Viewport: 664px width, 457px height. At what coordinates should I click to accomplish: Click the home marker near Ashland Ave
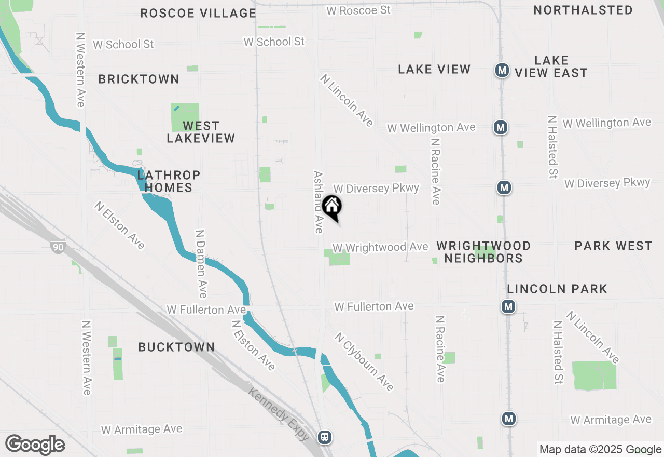[x=332, y=206]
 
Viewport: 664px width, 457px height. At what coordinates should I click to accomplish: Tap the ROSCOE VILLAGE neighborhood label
[x=198, y=14]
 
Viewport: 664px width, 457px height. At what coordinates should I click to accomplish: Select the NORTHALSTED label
[x=583, y=10]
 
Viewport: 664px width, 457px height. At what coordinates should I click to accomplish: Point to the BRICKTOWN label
[x=139, y=79]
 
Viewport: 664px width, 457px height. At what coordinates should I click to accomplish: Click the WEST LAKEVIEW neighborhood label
[x=201, y=132]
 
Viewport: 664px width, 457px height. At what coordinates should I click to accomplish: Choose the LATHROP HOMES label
[x=169, y=181]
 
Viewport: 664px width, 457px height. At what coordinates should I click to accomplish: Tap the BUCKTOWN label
[x=176, y=347]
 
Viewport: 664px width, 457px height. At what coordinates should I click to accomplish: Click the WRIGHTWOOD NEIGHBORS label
[x=483, y=252]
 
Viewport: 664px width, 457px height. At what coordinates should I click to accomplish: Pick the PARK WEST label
[x=613, y=246]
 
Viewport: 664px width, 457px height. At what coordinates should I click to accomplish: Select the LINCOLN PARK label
[x=557, y=289]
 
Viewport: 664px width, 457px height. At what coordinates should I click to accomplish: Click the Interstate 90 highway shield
[x=58, y=247]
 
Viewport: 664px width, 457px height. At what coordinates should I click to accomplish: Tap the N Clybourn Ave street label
[x=364, y=361]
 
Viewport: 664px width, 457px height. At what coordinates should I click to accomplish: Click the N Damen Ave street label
[x=201, y=264]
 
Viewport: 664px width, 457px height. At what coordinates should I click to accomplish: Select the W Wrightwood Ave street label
[x=380, y=248]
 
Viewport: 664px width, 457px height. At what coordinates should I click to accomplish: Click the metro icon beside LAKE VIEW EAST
[x=502, y=70]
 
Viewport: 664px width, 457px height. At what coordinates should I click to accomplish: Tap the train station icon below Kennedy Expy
[x=325, y=437]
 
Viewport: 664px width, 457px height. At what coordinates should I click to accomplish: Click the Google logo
[x=35, y=445]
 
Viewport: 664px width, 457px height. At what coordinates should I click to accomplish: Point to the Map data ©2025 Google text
[x=600, y=450]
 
